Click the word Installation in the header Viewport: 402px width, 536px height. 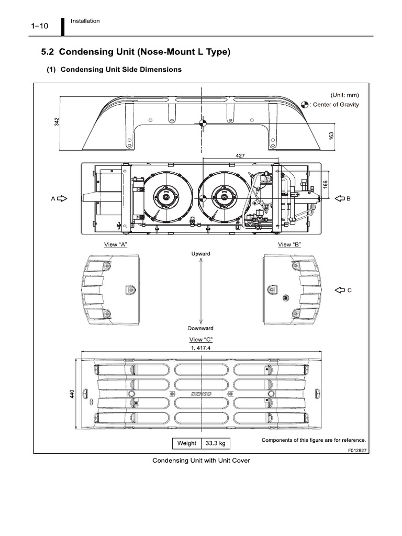tap(86, 21)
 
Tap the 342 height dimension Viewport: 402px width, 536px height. tap(57, 121)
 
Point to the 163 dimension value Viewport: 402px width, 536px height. tap(331, 135)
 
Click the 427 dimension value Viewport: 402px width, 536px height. tap(240, 155)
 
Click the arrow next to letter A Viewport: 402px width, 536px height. tap(62, 198)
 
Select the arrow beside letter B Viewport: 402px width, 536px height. tap(338, 198)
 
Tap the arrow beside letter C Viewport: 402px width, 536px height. tap(339, 289)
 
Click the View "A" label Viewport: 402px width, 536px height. tap(116, 244)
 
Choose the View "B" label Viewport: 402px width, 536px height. tap(289, 244)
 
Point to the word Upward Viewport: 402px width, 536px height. tap(200, 254)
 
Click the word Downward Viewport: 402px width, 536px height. tap(200, 328)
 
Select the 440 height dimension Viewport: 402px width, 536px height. tap(72, 393)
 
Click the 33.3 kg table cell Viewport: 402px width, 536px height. tap(215, 443)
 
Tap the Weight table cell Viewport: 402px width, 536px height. tap(187, 443)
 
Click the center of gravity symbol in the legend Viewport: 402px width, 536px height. tap(305, 104)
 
